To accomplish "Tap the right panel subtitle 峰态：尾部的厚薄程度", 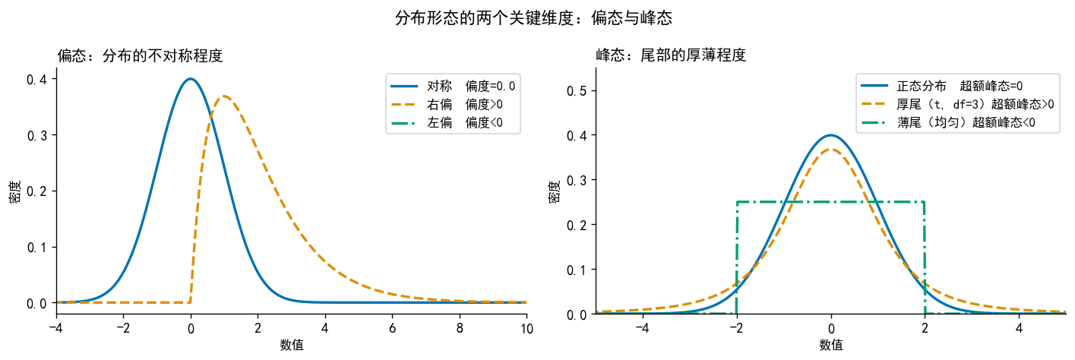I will [x=671, y=55].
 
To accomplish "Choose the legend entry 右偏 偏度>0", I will [x=464, y=104].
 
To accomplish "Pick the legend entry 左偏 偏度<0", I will [x=464, y=122].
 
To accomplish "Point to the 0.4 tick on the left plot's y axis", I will [x=39, y=80].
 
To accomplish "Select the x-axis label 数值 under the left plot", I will [x=291, y=345].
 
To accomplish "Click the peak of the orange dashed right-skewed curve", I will [x=223, y=96].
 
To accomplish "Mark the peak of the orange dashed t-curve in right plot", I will [x=831, y=150].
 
